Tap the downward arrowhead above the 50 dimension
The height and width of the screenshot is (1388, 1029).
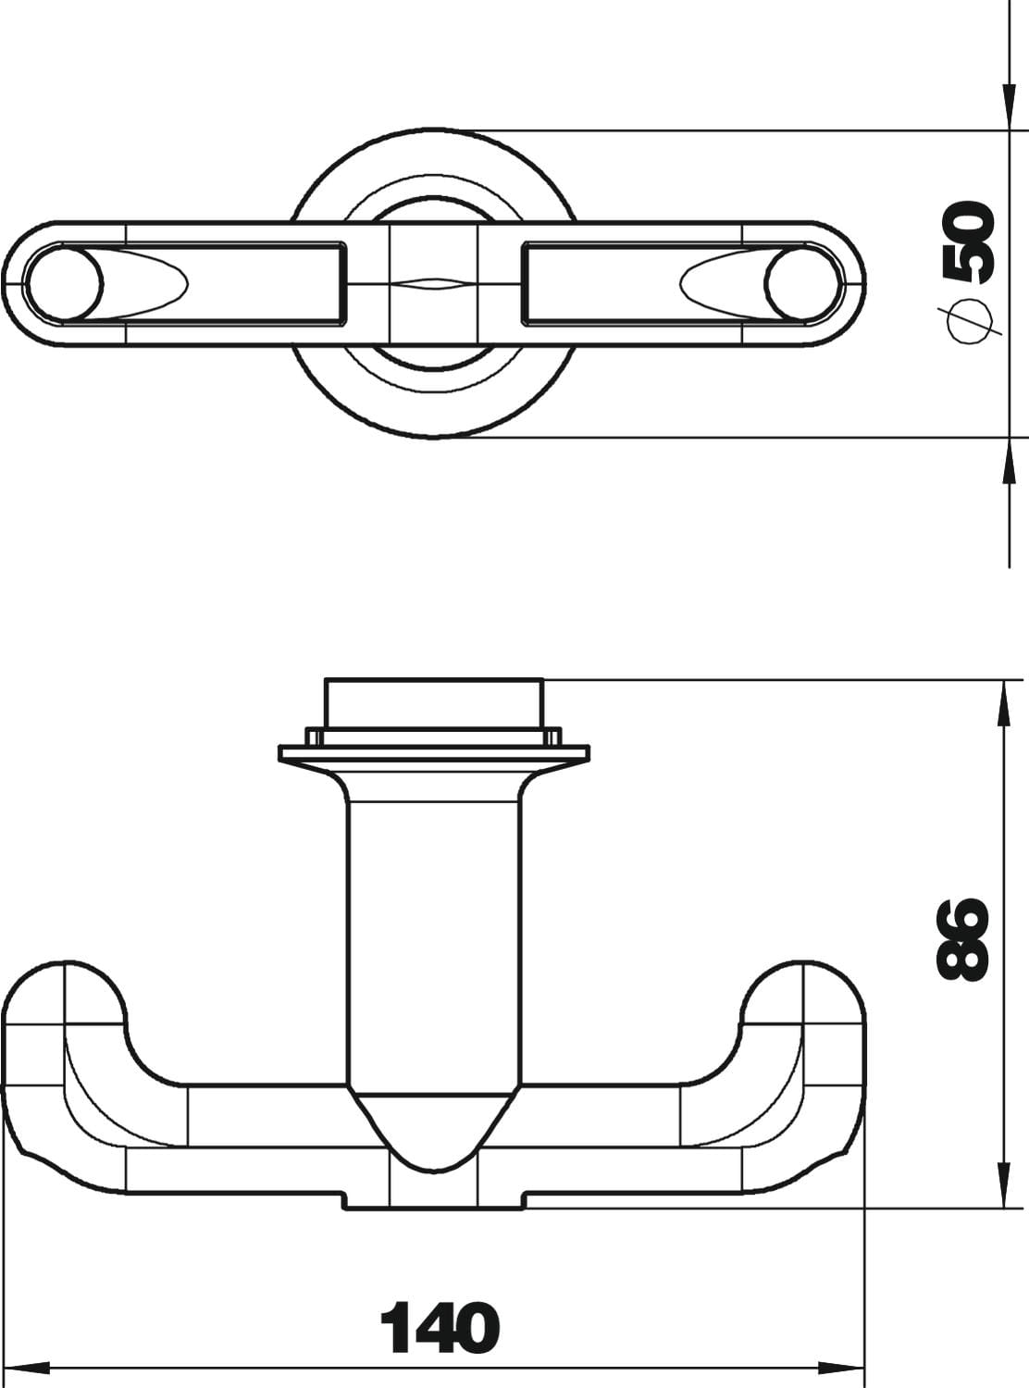point(1009,107)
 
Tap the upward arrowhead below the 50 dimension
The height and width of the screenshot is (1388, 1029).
point(1009,461)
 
